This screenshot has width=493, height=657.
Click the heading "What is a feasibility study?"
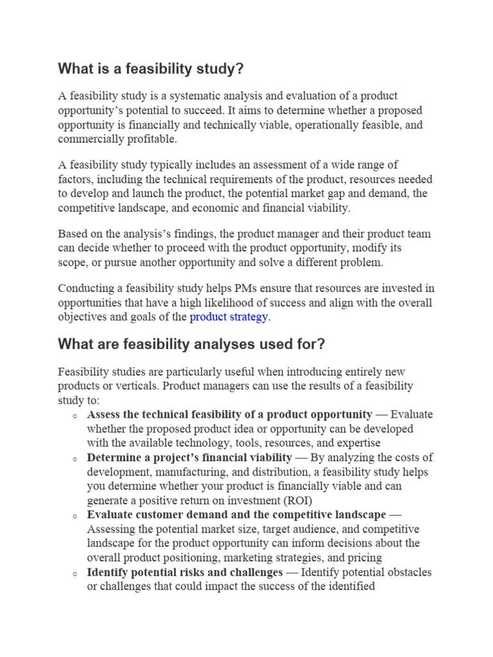pos(151,69)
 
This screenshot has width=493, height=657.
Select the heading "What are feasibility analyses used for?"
pos(191,345)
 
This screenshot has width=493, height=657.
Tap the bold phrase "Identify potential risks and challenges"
pos(185,572)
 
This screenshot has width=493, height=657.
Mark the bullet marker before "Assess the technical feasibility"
pos(75,416)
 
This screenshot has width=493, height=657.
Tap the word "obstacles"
pos(408,572)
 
